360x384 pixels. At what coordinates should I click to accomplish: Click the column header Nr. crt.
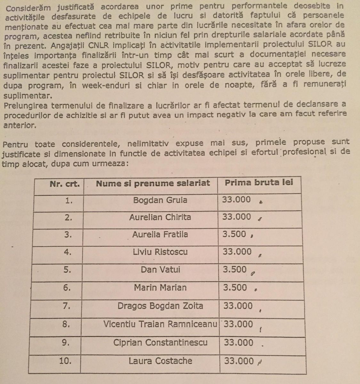[x=65, y=184]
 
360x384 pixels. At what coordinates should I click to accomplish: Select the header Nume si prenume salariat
[x=153, y=183]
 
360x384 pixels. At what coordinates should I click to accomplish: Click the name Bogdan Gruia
[x=160, y=200]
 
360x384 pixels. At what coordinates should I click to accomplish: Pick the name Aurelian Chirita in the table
[x=160, y=217]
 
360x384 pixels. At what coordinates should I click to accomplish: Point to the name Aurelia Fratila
[x=160, y=235]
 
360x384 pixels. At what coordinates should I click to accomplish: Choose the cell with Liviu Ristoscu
[x=160, y=252]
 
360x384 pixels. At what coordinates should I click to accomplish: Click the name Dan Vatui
[x=160, y=269]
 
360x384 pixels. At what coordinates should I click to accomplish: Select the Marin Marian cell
[x=160, y=287]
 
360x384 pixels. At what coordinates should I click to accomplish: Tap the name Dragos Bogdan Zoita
[x=160, y=306]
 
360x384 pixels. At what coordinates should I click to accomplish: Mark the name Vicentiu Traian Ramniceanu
[x=160, y=324]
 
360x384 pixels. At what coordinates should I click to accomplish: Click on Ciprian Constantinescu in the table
[x=160, y=342]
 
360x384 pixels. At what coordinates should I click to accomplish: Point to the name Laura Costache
[x=160, y=361]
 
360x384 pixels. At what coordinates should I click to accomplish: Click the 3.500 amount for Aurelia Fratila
[x=234, y=234]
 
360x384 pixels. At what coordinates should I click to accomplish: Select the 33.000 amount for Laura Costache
[x=239, y=361]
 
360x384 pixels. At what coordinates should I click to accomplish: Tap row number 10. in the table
[x=65, y=361]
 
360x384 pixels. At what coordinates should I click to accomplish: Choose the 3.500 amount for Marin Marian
[x=235, y=287]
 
